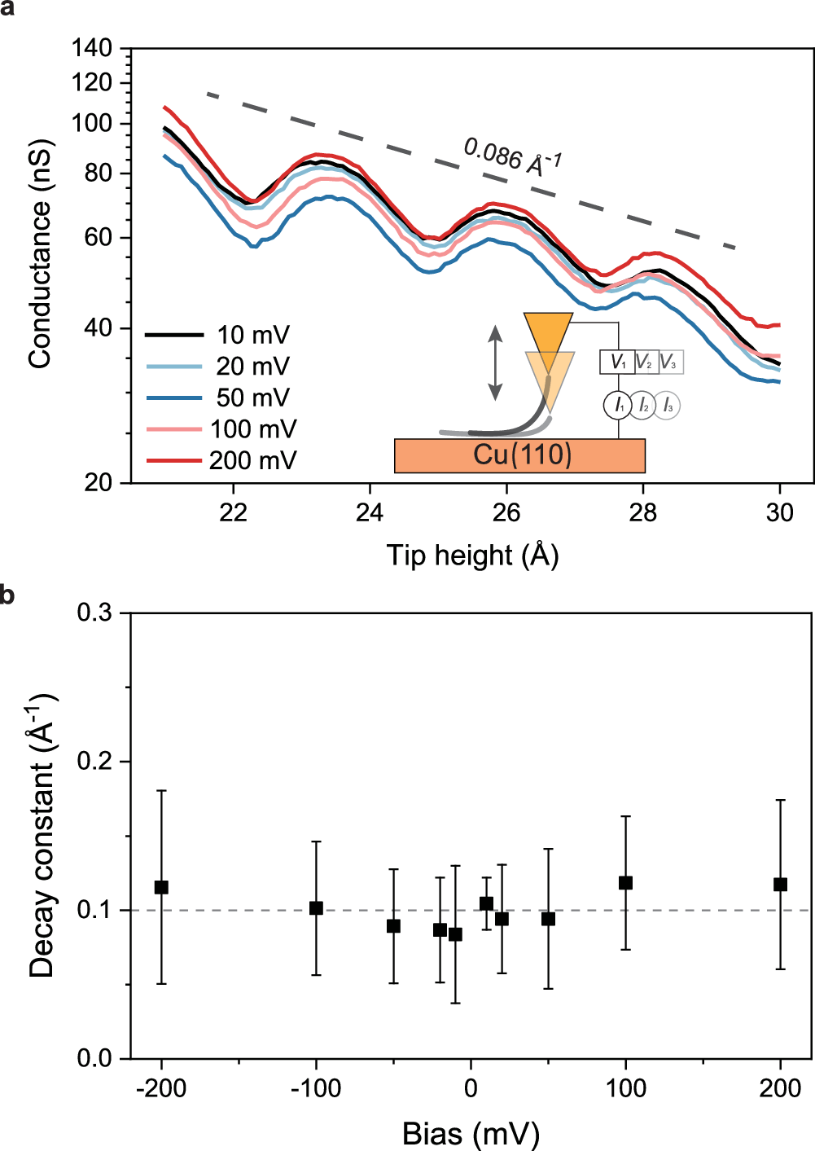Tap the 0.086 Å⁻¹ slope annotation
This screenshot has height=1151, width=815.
pyautogui.click(x=513, y=156)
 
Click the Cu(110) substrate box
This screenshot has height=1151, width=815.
pyautogui.click(x=519, y=455)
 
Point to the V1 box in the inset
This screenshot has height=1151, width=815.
pyautogui.click(x=618, y=362)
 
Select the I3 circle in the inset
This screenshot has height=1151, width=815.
pyautogui.click(x=668, y=405)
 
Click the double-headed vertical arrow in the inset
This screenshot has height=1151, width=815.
pyautogui.click(x=495, y=362)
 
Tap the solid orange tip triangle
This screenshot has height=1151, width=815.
pyautogui.click(x=548, y=332)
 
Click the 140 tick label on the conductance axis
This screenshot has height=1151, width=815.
pyautogui.click(x=92, y=49)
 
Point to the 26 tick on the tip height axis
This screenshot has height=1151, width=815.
pyautogui.click(x=506, y=512)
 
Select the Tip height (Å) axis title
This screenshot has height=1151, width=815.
pyautogui.click(x=472, y=556)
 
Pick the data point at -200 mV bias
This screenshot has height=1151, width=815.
pyautogui.click(x=161, y=887)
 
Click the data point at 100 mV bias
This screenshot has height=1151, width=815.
pyautogui.click(x=625, y=883)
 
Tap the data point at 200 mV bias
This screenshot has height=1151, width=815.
pyautogui.click(x=780, y=885)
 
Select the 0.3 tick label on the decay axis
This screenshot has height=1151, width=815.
pyautogui.click(x=94, y=613)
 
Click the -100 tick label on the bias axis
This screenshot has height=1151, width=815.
pyautogui.click(x=315, y=1088)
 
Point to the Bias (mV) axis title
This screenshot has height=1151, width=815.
pyautogui.click(x=471, y=1133)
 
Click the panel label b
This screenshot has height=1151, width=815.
pyautogui.click(x=7, y=595)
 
